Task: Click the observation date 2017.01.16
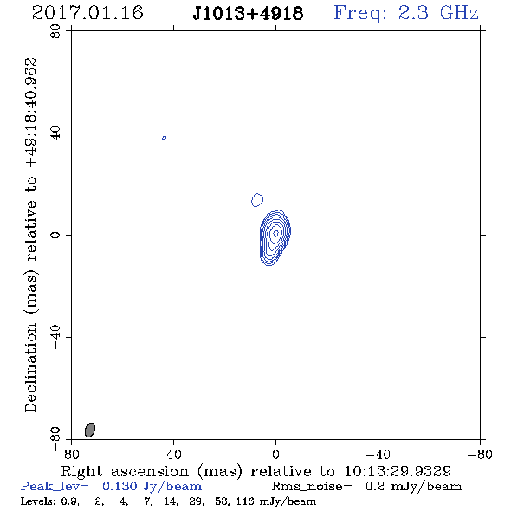87,13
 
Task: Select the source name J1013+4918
248,14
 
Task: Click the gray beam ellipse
90,430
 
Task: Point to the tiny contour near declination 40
164,138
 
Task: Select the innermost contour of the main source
275,233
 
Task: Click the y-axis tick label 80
55,31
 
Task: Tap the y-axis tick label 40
55,133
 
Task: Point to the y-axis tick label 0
55,235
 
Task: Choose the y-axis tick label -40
55,337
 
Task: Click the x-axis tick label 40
173,454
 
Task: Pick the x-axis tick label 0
275,454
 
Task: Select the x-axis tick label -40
378,454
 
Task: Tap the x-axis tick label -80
480,454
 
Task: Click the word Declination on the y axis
30,367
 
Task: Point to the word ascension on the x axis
150,471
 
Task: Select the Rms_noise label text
312,487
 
